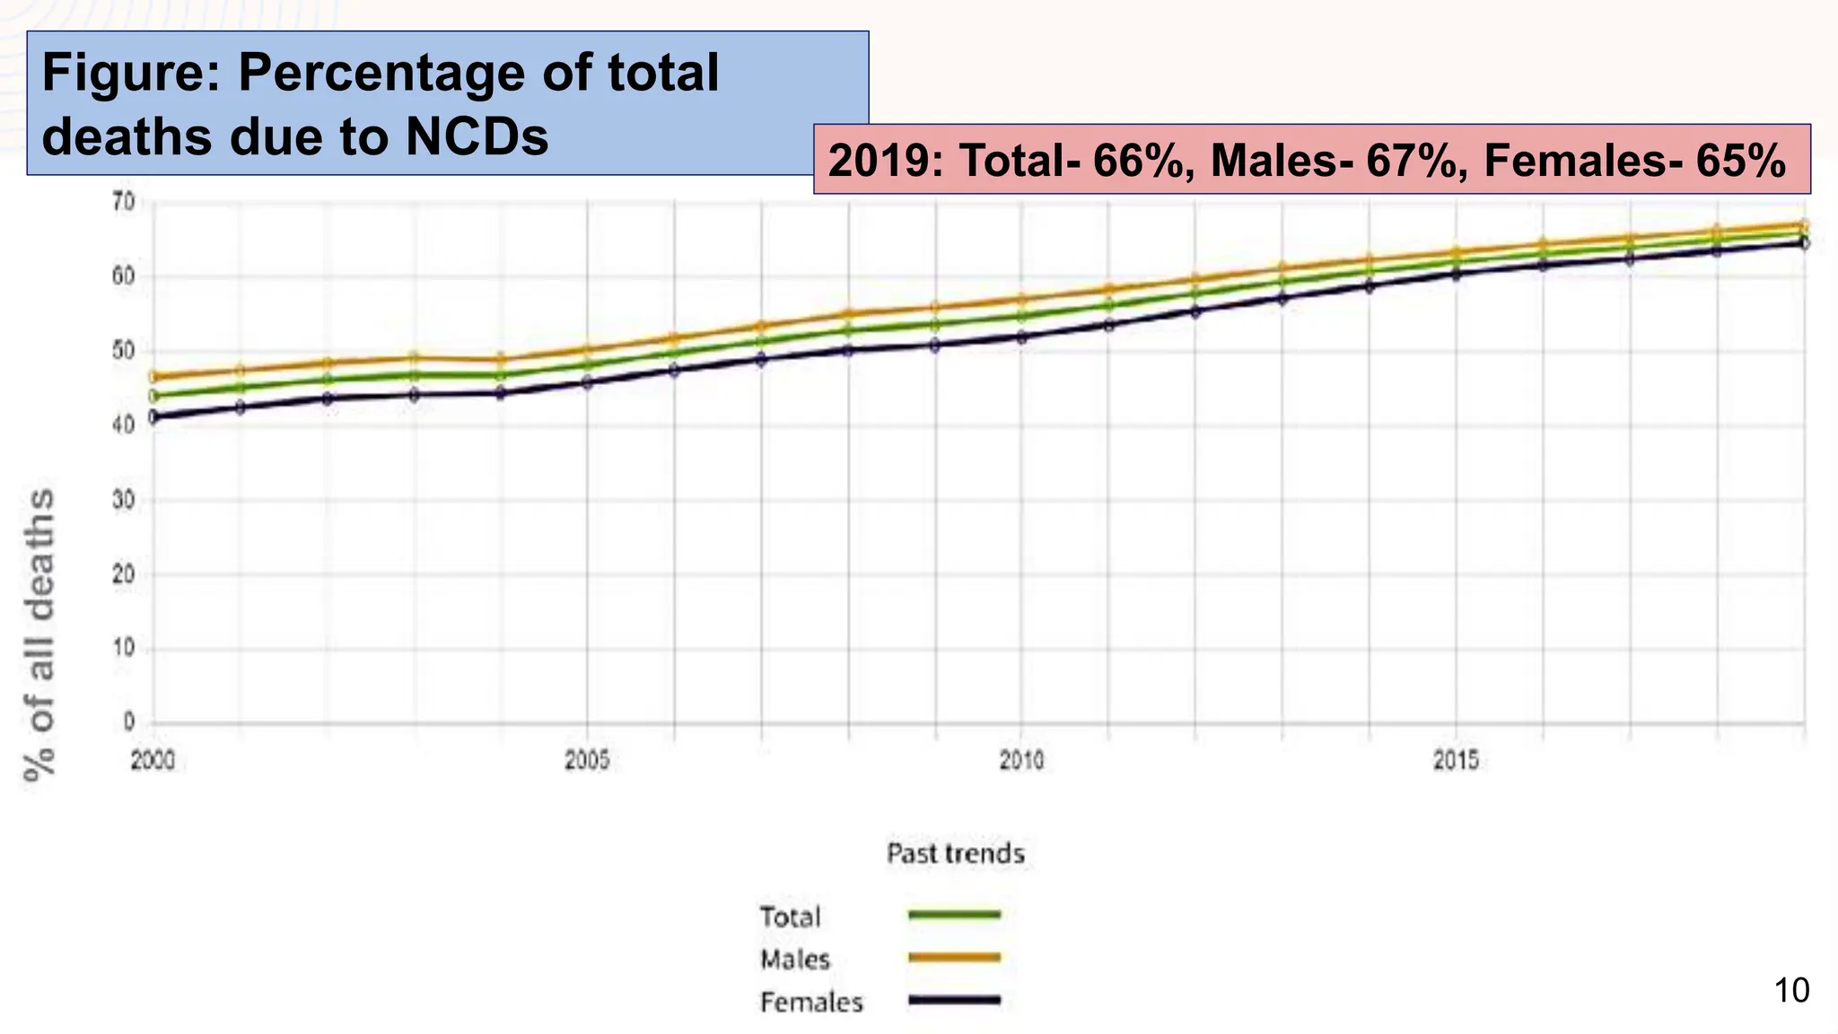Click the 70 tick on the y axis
click(123, 202)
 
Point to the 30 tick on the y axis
click(123, 501)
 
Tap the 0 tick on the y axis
click(129, 722)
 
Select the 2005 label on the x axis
click(587, 761)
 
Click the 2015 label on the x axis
click(1456, 761)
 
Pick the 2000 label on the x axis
click(153, 761)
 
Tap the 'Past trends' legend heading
click(955, 853)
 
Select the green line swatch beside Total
click(954, 915)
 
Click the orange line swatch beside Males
click(954, 958)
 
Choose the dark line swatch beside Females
click(954, 1000)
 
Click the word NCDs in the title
click(476, 137)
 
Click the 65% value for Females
click(1740, 161)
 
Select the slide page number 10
click(1791, 991)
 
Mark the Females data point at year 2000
click(153, 416)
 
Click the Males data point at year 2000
click(153, 377)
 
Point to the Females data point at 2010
click(1021, 337)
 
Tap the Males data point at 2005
click(588, 351)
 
